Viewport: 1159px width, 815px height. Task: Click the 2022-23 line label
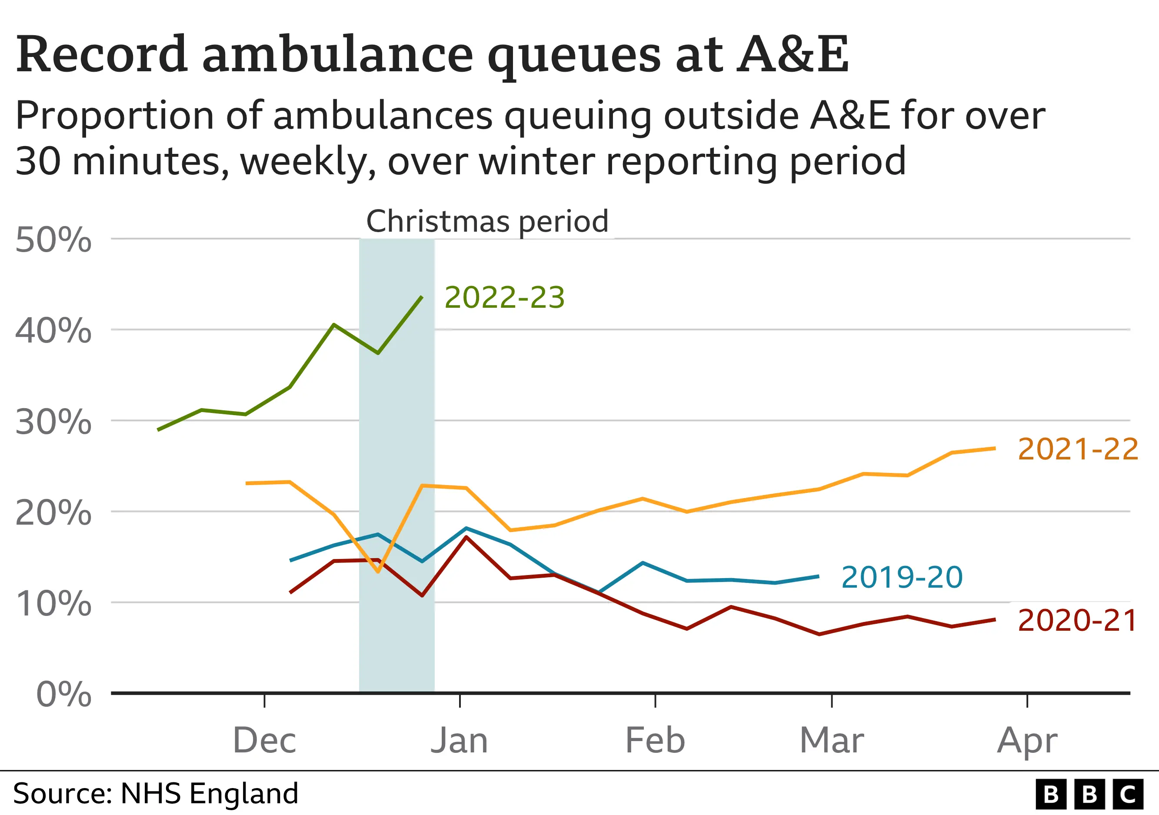[504, 297]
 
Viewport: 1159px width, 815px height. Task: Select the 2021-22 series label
[1078, 449]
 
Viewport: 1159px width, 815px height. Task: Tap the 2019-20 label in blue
[902, 577]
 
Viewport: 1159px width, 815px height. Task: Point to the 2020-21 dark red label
[1077, 621]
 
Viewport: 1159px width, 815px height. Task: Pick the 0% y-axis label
[63, 695]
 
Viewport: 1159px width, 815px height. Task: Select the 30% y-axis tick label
[53, 422]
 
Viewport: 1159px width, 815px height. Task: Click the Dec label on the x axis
[264, 741]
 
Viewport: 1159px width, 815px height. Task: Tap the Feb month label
[655, 741]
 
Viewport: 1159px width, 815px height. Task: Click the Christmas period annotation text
[487, 222]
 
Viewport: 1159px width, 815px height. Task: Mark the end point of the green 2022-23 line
[422, 297]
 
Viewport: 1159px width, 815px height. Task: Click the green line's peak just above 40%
[334, 325]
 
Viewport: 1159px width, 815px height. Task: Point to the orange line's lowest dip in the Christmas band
[378, 571]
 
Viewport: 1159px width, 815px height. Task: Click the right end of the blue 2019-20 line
[818, 576]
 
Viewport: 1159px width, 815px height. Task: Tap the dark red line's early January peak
[466, 537]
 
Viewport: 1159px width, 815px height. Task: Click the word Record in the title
[101, 54]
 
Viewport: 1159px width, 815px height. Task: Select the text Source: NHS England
[156, 794]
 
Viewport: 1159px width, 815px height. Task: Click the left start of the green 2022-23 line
[159, 430]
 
